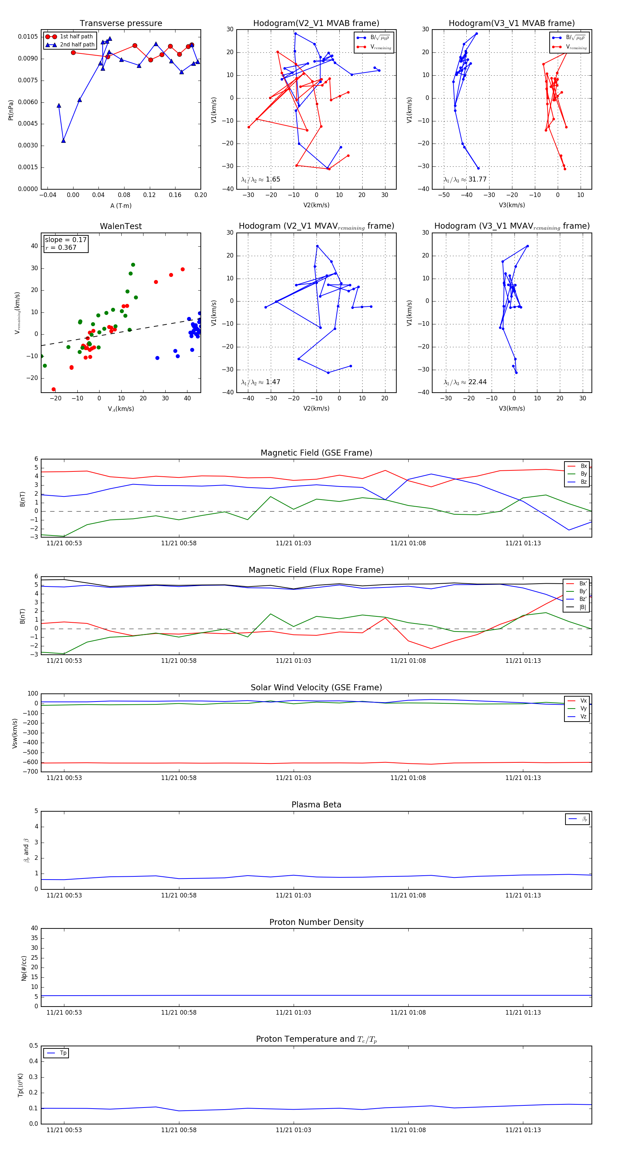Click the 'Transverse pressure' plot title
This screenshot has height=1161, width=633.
click(121, 24)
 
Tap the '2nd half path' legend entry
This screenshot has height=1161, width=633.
click(77, 45)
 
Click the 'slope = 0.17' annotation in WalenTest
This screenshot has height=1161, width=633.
click(65, 240)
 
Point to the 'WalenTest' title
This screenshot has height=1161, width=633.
click(121, 226)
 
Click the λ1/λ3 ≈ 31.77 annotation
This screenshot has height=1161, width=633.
click(465, 179)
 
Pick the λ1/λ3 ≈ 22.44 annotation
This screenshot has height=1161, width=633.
click(465, 382)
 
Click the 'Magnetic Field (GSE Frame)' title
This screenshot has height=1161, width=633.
click(316, 453)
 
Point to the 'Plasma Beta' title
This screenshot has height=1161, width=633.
click(316, 805)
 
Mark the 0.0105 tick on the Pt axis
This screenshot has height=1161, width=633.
click(28, 37)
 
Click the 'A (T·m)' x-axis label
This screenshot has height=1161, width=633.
click(121, 206)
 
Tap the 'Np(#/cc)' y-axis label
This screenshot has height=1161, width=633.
click(24, 968)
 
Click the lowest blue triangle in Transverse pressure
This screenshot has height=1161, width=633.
click(64, 141)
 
